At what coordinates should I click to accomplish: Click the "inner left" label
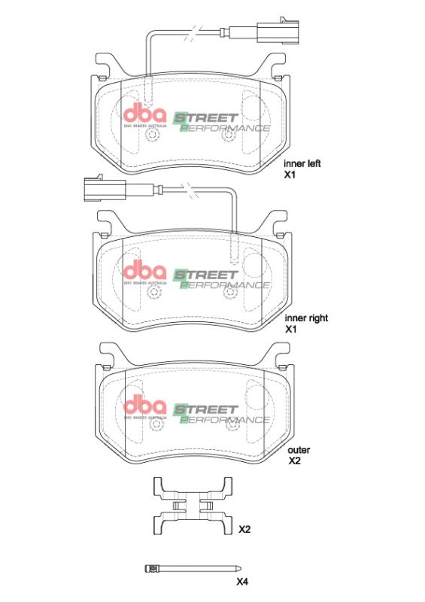click(302, 163)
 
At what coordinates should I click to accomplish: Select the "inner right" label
click(307, 318)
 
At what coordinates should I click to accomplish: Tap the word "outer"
click(299, 450)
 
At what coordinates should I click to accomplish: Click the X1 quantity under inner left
click(290, 175)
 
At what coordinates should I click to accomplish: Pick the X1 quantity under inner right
click(292, 330)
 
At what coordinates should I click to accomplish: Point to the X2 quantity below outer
click(295, 461)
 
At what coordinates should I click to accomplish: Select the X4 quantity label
click(242, 582)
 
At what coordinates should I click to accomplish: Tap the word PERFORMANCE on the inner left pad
click(226, 128)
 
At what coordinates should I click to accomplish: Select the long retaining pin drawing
click(192, 569)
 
